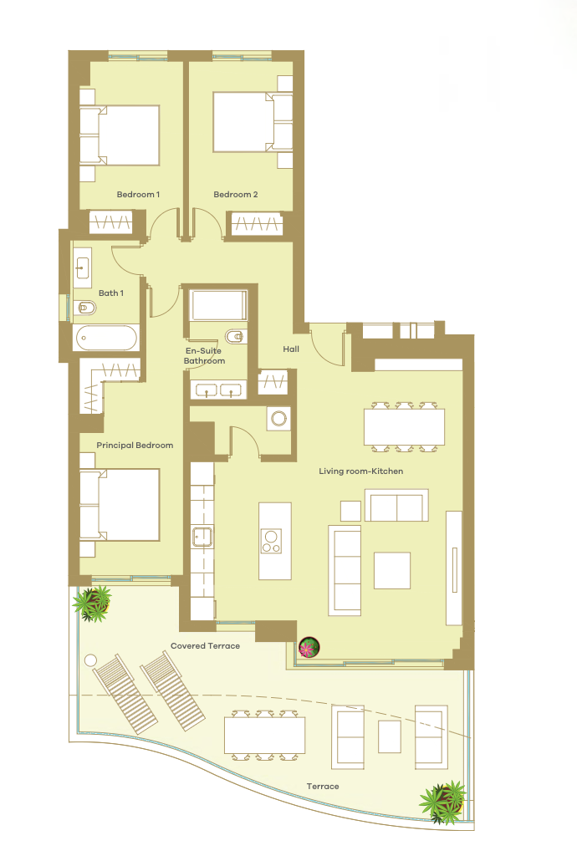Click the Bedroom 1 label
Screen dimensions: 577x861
pos(138,195)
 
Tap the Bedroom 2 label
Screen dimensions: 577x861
pos(235,195)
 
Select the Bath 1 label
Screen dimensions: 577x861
pos(111,293)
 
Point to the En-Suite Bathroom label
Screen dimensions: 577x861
pos(204,356)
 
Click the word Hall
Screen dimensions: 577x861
pos(291,349)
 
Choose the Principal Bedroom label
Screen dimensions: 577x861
pos(135,446)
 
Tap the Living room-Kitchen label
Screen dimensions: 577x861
pos(361,471)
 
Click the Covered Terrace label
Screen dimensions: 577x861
pos(205,645)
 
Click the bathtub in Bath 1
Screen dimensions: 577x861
pos(106,339)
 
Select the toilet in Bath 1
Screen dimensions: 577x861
pos(84,308)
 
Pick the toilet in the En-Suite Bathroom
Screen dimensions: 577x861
pos(235,336)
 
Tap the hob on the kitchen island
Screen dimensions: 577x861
pos(271,541)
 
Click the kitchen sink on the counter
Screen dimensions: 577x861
pos(202,537)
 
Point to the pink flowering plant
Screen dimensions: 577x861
pos(309,647)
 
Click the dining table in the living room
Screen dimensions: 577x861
pos(404,427)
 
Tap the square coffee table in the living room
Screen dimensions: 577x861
pos(392,571)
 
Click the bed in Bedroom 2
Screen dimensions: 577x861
pos(253,122)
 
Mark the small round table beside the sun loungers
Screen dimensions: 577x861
pos(90,660)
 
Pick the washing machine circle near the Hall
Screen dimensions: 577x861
pos(278,419)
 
